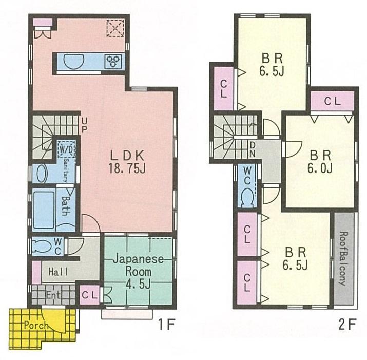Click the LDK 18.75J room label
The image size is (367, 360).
pyautogui.click(x=125, y=160)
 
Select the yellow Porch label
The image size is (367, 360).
pyautogui.click(x=35, y=325)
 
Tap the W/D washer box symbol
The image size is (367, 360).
pyautogui.click(x=66, y=149)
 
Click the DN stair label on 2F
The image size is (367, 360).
pyautogui.click(x=253, y=149)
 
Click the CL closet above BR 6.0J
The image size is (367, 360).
pyautogui.click(x=332, y=102)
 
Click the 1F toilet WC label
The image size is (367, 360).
pyautogui.click(x=58, y=245)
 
